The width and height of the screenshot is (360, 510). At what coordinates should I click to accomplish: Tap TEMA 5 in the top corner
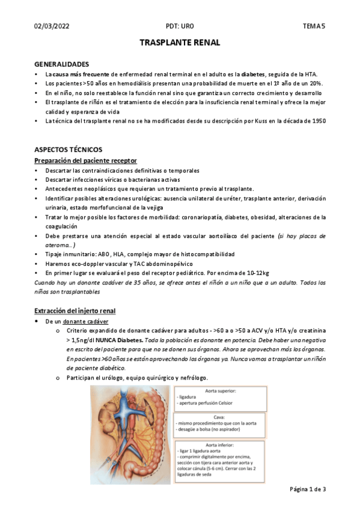point(313,26)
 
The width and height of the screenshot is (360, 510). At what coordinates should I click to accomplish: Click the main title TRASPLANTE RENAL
point(180,43)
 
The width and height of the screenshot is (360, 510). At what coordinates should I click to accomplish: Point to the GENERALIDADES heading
point(62,64)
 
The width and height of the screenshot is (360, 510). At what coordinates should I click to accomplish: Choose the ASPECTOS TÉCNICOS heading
point(69,149)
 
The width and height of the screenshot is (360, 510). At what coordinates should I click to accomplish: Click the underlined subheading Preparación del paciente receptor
point(86,160)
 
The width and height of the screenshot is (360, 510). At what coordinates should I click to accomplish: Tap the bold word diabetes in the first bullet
point(253,74)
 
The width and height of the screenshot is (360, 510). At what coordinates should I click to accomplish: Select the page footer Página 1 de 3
point(308,489)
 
